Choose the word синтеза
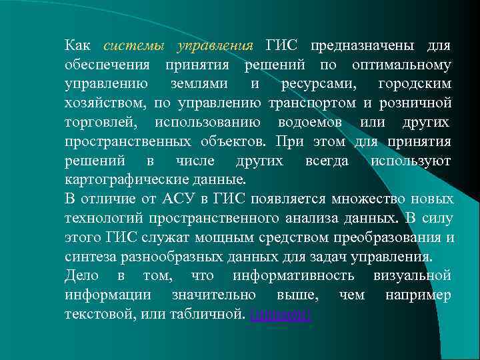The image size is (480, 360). click(87, 257)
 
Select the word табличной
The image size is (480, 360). click(210, 315)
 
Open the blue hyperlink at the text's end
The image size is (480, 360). click(280, 315)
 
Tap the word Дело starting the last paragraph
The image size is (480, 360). click(82, 276)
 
